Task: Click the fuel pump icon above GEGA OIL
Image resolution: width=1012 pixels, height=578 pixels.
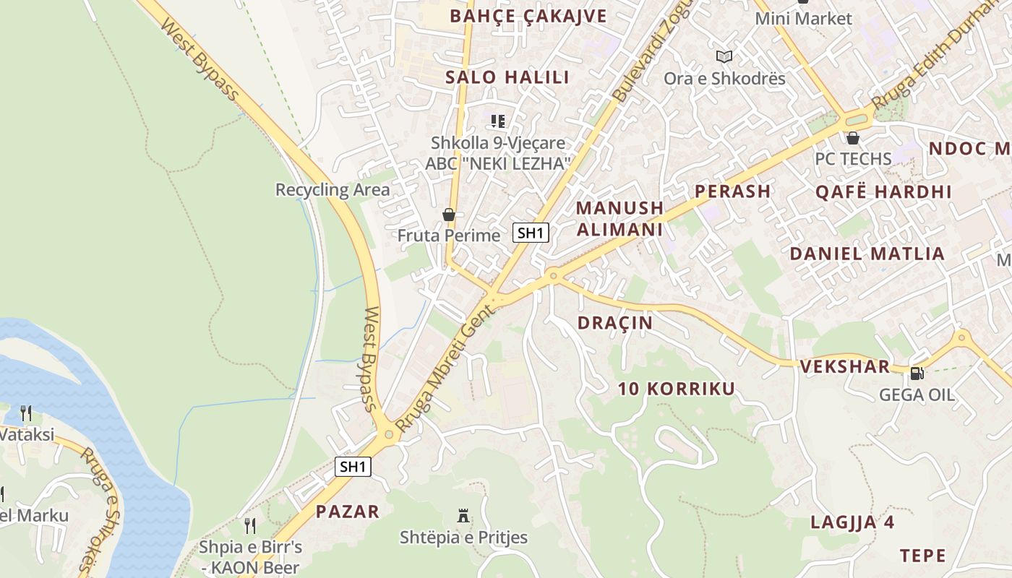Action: (917, 373)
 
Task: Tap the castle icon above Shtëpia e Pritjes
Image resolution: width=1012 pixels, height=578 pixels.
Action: (463, 516)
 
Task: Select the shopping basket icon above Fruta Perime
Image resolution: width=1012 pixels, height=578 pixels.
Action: (449, 215)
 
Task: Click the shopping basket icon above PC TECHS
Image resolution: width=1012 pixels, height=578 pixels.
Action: (853, 137)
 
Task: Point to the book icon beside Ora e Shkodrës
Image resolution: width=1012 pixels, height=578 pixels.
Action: (724, 56)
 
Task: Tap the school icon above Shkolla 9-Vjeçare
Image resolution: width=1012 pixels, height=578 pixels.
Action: (498, 121)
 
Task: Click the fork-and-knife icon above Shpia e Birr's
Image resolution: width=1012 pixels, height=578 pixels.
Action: (250, 525)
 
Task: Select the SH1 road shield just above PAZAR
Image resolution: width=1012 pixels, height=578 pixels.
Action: (353, 467)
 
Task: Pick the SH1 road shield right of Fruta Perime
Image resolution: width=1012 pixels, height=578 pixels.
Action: (531, 233)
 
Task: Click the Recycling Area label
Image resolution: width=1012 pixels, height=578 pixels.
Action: (333, 190)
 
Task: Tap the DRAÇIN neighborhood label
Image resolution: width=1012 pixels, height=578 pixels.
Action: (615, 323)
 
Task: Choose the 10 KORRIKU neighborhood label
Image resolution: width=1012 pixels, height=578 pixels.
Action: (676, 389)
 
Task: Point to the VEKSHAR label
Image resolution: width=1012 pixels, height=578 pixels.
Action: (844, 366)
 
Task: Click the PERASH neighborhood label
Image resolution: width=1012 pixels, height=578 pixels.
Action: (732, 191)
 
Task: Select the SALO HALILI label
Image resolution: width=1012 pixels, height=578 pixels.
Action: (507, 77)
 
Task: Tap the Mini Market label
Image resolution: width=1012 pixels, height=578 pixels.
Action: (803, 19)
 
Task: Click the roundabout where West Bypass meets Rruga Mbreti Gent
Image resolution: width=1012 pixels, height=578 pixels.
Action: (389, 434)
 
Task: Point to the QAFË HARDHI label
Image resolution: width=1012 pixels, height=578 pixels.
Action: (883, 191)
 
